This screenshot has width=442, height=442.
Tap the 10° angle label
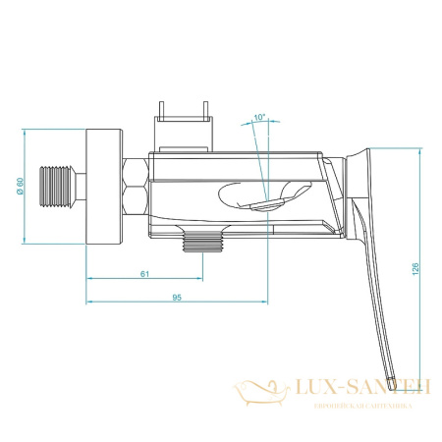coord(258,118)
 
